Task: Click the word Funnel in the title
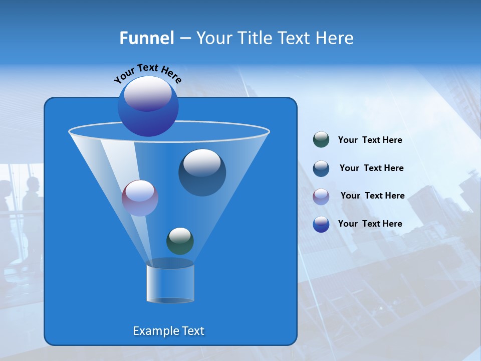tap(146, 38)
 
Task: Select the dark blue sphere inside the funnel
tap(202, 173)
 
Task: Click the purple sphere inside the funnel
tap(140, 198)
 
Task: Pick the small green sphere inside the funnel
tap(180, 241)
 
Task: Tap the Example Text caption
tap(168, 331)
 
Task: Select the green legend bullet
tap(321, 140)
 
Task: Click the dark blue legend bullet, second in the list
tap(321, 168)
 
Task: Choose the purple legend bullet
tap(321, 196)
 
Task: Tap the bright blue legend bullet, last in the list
tap(321, 224)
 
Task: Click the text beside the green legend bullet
tap(370, 140)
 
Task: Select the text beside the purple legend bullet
tap(372, 196)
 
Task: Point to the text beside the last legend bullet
tap(370, 224)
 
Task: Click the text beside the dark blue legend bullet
tap(371, 168)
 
